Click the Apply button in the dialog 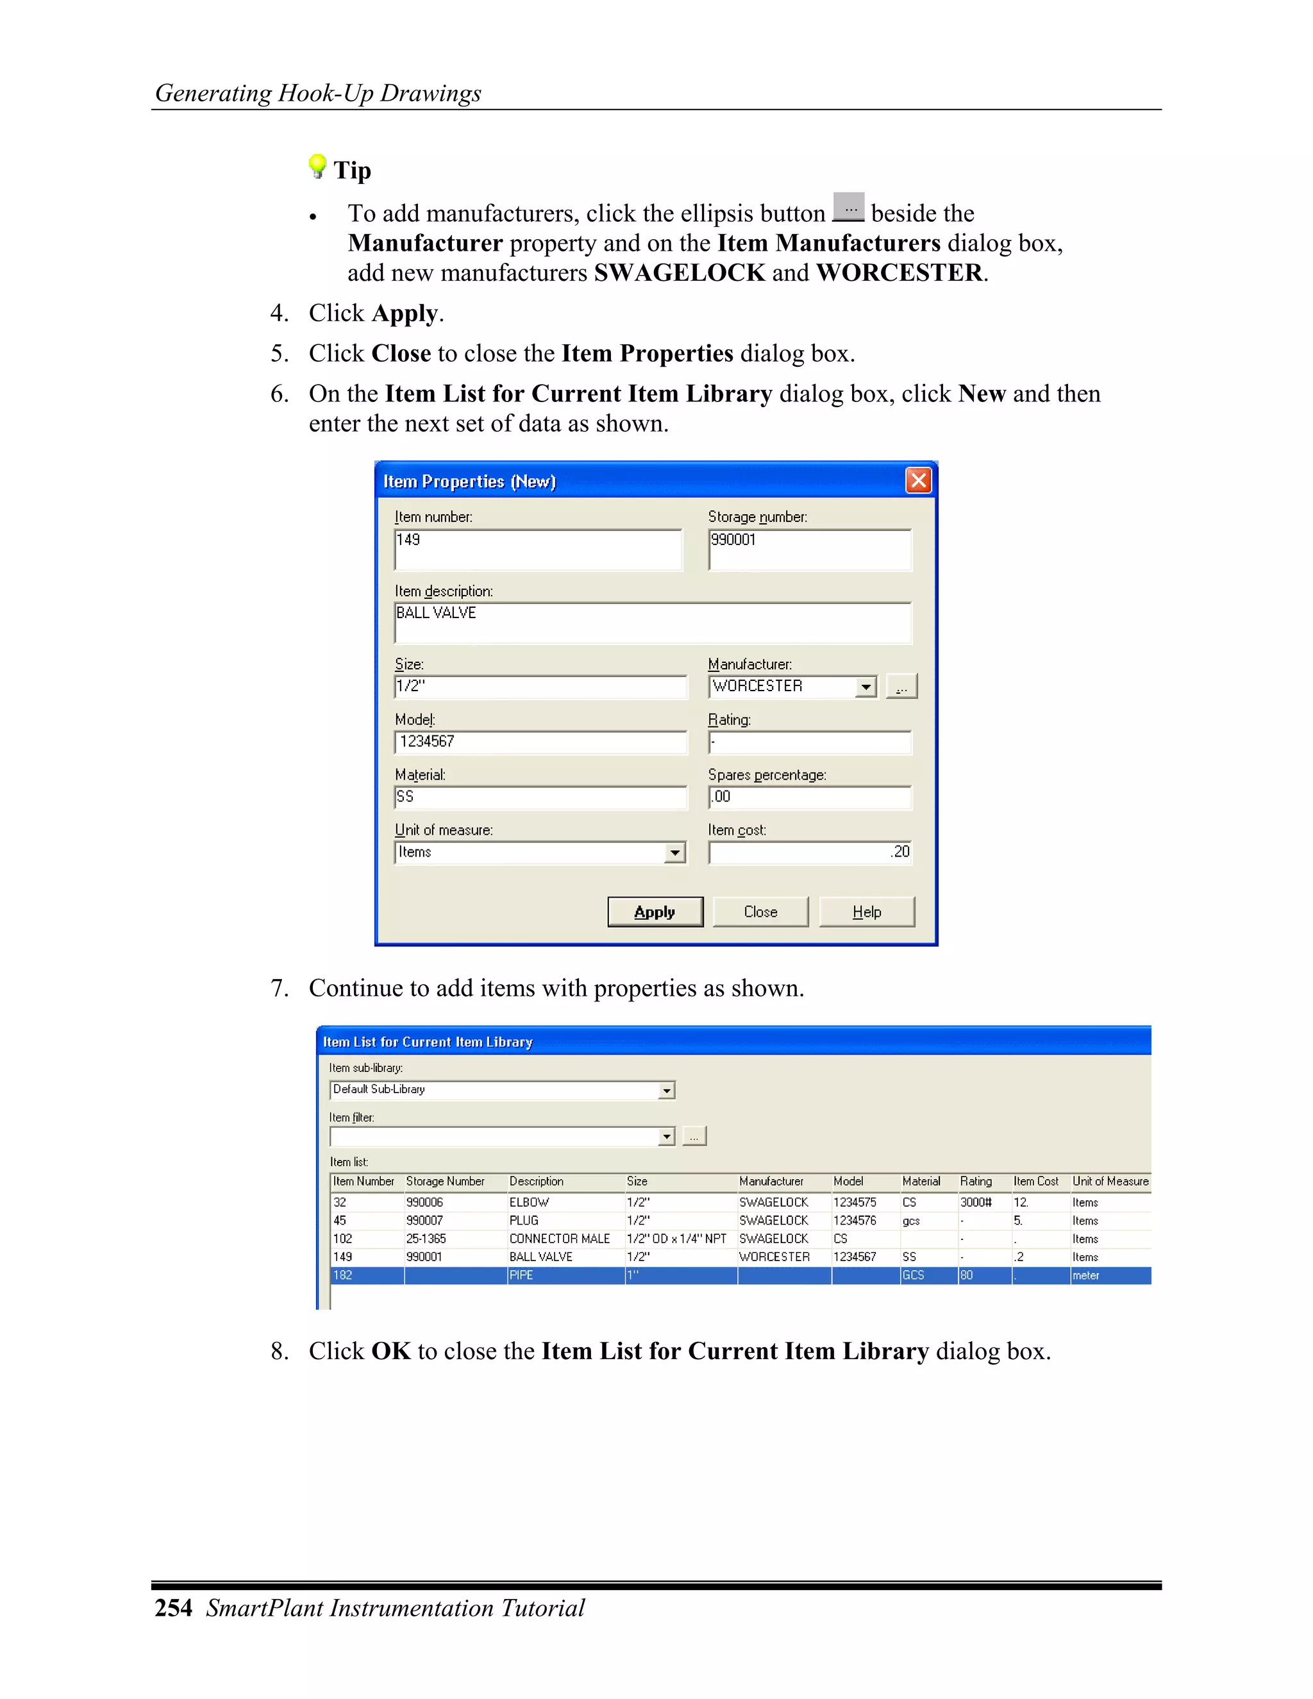655,912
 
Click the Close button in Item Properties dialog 760,912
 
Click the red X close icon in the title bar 918,481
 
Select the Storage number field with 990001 809,549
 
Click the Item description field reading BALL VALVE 652,623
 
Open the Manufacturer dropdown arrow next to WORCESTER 866,687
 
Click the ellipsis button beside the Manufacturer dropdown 901,687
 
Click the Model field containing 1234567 540,742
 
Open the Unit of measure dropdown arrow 675,853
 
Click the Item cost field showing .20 809,853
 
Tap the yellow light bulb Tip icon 317,165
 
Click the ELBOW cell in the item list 529,1203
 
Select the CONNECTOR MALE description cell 559,1239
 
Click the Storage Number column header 445,1181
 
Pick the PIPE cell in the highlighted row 521,1275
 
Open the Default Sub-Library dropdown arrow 667,1091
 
